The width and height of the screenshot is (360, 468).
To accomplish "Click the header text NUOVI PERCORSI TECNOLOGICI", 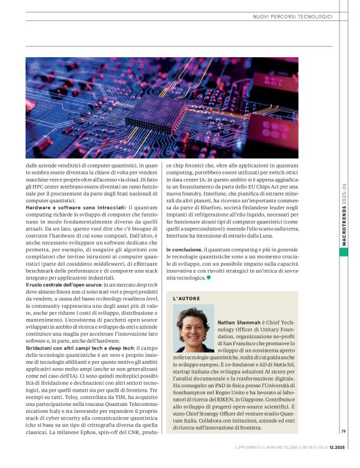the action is point(292,16).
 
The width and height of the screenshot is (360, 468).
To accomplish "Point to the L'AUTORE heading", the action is point(187,298).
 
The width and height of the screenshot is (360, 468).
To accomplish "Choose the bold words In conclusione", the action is point(183,249).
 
